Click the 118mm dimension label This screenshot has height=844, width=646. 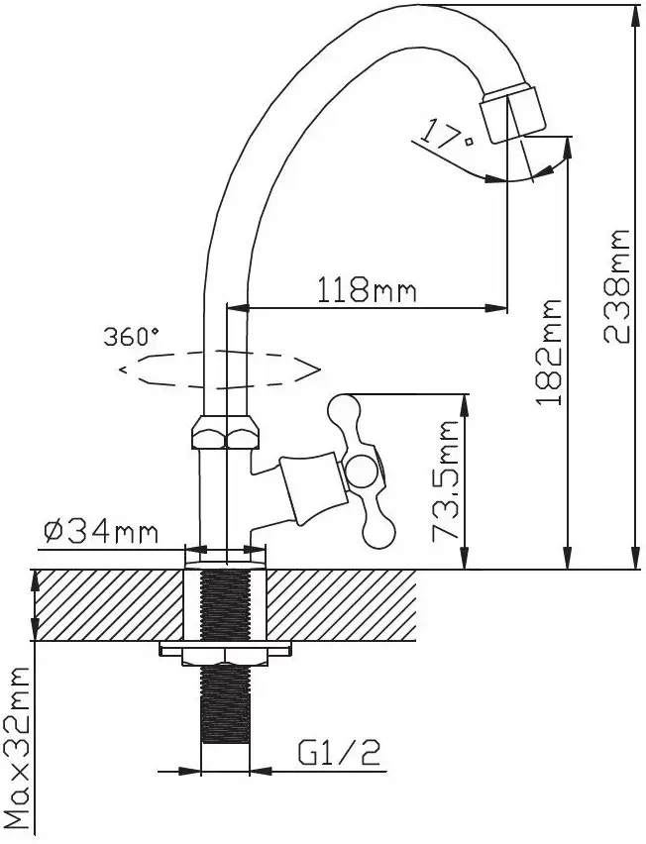pos(366,290)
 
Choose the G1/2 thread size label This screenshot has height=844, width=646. pos(340,755)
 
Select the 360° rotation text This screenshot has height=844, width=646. pos(131,335)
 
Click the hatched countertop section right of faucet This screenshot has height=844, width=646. pos(342,604)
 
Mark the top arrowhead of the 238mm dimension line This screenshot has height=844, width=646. pos(635,12)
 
